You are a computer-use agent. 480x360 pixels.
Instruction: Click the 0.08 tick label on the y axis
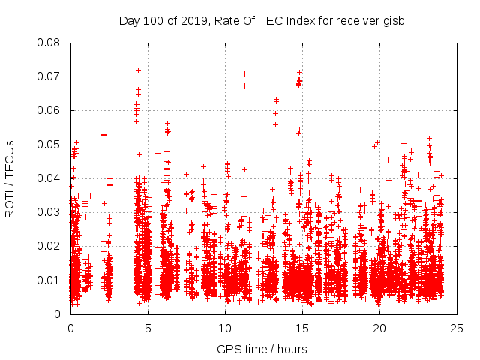(x=50, y=43)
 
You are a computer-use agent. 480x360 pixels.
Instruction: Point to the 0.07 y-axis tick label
(x=50, y=76)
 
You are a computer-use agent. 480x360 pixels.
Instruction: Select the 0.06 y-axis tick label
(x=50, y=110)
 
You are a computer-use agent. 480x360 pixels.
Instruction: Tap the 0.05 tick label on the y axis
(x=50, y=145)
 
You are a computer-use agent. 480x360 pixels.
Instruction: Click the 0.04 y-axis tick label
(x=50, y=178)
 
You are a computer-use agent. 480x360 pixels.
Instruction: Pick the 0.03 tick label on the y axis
(x=50, y=212)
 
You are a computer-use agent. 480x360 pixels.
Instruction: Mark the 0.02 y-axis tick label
(x=50, y=246)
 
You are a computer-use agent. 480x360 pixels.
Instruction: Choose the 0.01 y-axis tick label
(x=50, y=280)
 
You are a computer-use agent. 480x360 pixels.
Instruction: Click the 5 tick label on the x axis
(x=148, y=328)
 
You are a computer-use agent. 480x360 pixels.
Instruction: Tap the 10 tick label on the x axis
(x=226, y=328)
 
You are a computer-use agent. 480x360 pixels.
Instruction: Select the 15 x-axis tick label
(x=303, y=328)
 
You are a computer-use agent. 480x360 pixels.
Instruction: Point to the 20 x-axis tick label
(x=380, y=328)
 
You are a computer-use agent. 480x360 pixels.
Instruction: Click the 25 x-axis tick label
(x=457, y=328)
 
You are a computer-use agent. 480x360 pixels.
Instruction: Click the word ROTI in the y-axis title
(x=10, y=202)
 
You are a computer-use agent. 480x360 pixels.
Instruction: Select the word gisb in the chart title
(x=393, y=21)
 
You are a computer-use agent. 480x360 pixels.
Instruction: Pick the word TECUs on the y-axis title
(x=10, y=157)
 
